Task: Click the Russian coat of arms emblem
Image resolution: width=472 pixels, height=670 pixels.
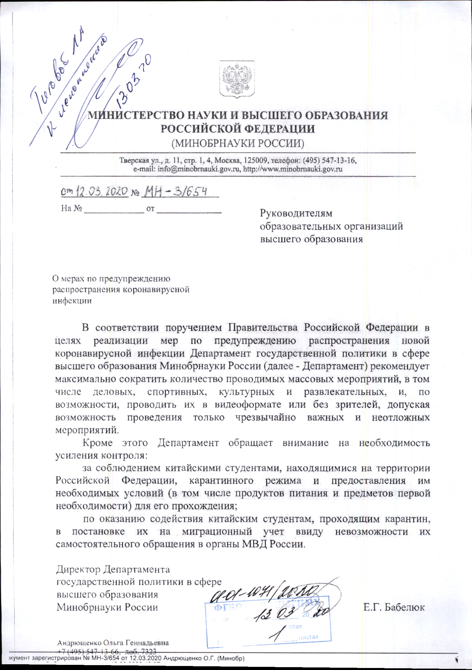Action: coord(237,79)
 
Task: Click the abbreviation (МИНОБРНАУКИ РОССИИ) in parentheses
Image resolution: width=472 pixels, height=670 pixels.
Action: coord(238,143)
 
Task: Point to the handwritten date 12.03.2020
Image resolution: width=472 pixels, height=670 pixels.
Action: coord(101,191)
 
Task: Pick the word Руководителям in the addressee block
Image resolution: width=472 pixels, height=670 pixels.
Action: coord(296,213)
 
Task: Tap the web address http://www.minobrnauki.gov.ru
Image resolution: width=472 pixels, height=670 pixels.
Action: coord(293,169)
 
